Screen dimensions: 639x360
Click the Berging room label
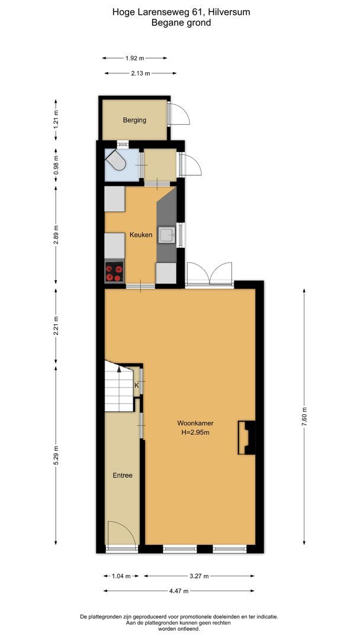click(134, 120)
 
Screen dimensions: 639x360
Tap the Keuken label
click(142, 235)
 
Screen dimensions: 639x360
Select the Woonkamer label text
click(195, 423)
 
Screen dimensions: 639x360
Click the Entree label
click(123, 475)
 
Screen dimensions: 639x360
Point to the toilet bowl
click(117, 161)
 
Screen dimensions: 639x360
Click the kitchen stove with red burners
click(114, 272)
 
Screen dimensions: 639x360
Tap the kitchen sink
click(166, 235)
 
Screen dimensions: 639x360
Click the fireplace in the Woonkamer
click(247, 437)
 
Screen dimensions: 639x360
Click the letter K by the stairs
click(137, 385)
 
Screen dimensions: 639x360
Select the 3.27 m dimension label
click(200, 575)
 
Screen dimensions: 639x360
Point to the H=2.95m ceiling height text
click(195, 433)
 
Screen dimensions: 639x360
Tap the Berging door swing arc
click(179, 114)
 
